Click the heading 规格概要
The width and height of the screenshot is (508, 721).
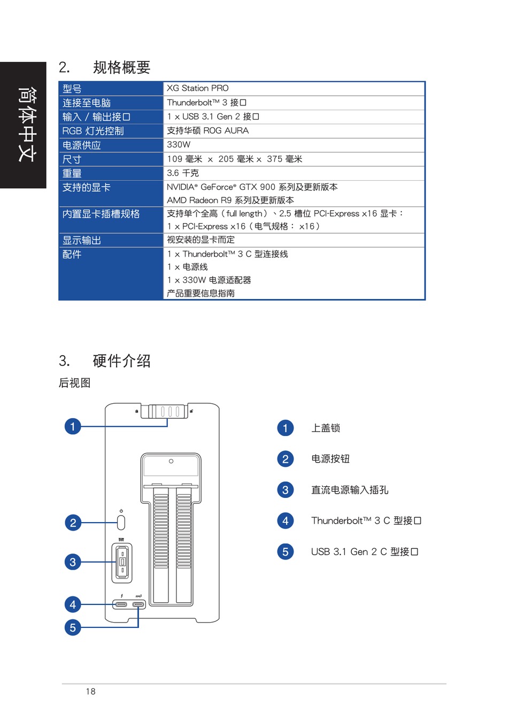point(121,67)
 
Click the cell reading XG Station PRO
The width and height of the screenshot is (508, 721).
point(197,88)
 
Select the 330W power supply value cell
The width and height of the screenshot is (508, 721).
point(179,144)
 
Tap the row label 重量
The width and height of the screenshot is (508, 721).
point(72,173)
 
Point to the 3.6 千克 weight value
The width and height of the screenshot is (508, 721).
point(183,173)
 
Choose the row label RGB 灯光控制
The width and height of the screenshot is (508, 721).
point(93,131)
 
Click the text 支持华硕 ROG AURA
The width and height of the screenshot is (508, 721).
point(207,131)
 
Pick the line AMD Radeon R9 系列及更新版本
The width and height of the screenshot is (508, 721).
point(230,200)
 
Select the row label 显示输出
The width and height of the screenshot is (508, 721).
point(82,240)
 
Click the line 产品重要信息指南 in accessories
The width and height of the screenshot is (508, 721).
point(201,293)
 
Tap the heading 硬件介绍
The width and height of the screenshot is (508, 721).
point(121,361)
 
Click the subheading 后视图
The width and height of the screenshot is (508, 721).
point(74,383)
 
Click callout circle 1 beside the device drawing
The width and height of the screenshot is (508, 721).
point(73,426)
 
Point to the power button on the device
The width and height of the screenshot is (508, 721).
point(121,521)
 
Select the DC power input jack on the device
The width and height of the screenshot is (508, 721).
point(122,563)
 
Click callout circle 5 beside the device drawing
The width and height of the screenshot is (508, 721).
point(73,627)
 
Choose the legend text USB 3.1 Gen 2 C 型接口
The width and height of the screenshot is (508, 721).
point(364,551)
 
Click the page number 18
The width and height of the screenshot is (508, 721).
point(91,692)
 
